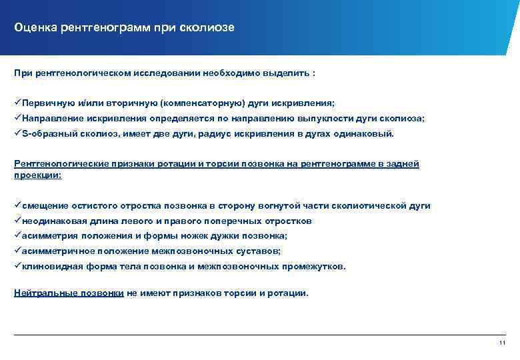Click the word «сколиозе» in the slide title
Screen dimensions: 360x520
point(207,27)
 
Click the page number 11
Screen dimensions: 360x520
point(503,343)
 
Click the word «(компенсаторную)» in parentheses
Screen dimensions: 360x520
point(201,104)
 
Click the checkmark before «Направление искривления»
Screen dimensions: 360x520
point(17,119)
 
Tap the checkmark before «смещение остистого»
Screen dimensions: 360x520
point(17,206)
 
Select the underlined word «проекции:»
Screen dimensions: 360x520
point(37,175)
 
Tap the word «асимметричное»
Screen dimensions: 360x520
point(57,251)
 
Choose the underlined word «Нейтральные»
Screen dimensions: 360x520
point(44,293)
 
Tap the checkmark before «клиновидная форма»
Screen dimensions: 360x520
point(17,266)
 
